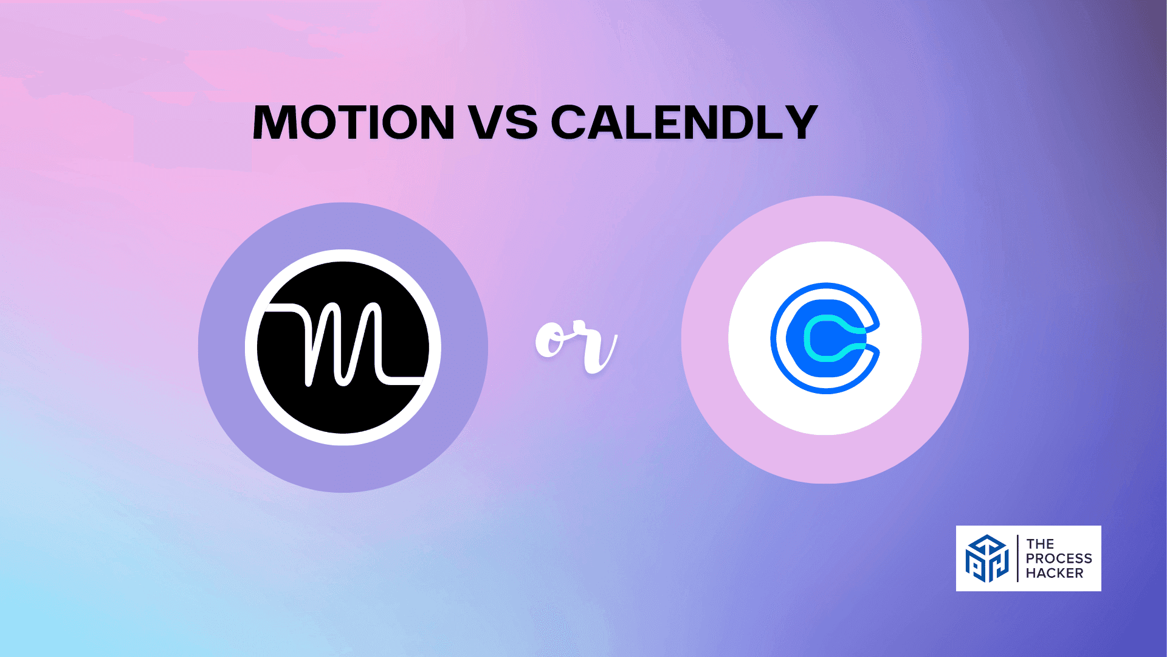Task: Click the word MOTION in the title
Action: (x=353, y=122)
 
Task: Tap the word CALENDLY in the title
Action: (x=684, y=122)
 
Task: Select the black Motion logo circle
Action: (x=343, y=347)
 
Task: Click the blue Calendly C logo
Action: (x=825, y=338)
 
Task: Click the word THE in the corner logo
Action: (x=1040, y=543)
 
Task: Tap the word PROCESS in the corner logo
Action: (x=1059, y=558)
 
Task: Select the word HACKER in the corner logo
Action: (x=1055, y=573)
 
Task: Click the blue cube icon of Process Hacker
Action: (x=987, y=558)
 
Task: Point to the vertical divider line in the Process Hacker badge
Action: (x=1017, y=558)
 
